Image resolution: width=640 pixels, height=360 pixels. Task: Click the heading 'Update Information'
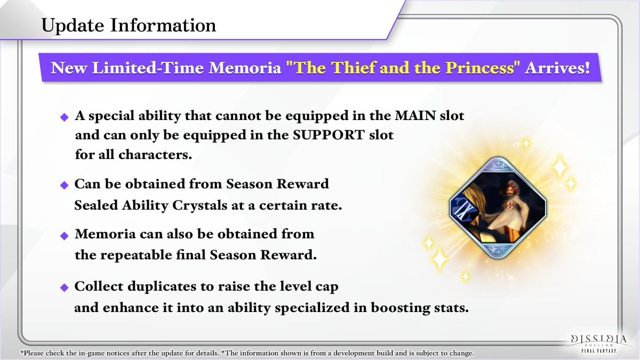(129, 26)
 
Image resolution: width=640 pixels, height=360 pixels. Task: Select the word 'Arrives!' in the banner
(557, 68)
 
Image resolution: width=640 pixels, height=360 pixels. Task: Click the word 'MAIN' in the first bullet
(415, 116)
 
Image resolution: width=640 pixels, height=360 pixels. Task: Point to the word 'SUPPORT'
(329, 135)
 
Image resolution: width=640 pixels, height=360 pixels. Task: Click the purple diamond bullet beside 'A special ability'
(65, 117)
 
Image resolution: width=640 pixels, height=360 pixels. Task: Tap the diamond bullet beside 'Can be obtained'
(65, 185)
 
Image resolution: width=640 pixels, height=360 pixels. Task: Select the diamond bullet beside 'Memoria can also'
(65, 236)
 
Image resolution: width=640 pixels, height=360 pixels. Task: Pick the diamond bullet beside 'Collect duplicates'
(65, 287)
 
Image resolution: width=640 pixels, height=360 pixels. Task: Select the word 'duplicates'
(170, 286)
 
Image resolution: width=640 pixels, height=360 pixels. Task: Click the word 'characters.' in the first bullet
(155, 155)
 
